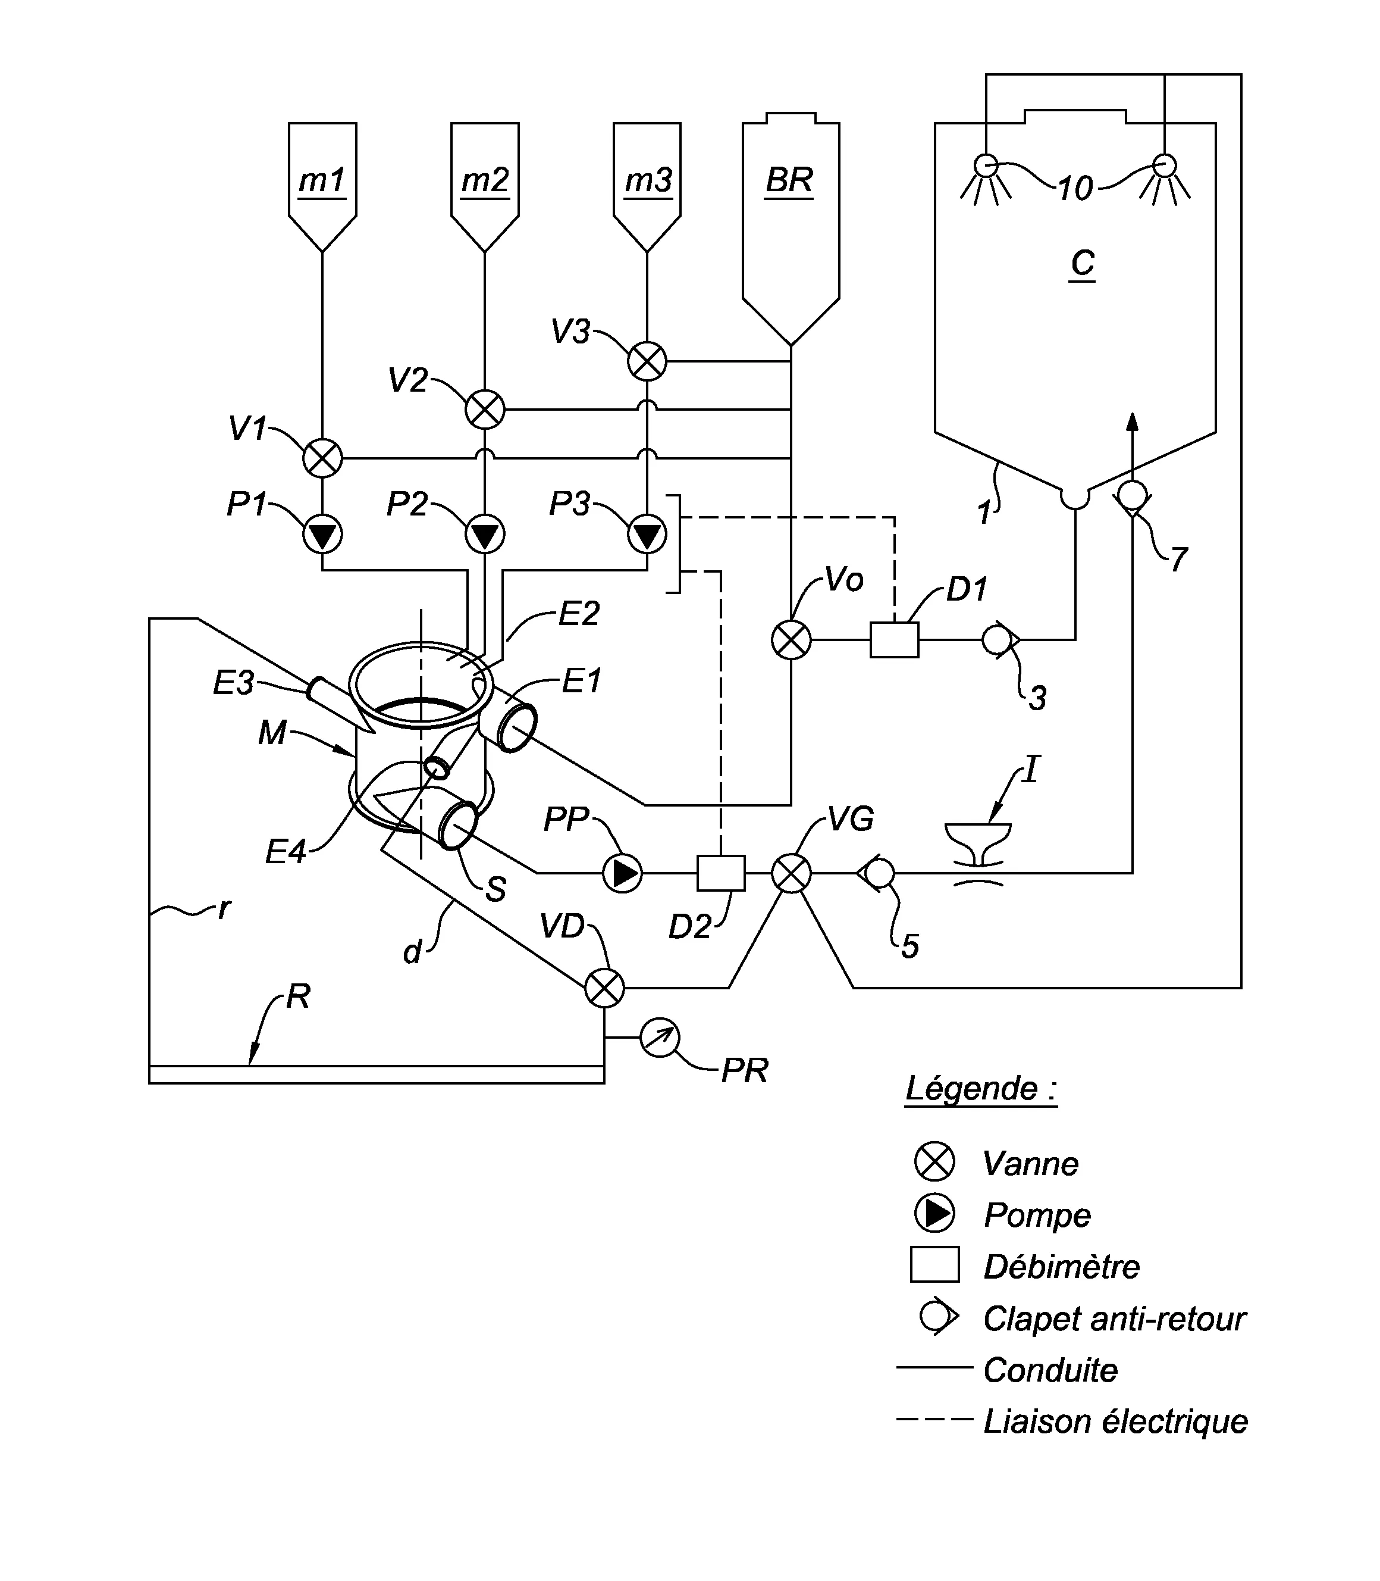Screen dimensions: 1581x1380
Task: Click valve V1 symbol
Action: [x=322, y=458]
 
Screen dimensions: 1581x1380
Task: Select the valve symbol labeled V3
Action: [x=647, y=361]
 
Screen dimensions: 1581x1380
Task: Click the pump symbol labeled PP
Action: [x=622, y=873]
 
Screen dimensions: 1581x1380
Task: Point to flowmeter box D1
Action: [x=894, y=639]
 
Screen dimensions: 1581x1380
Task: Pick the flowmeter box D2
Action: [x=721, y=873]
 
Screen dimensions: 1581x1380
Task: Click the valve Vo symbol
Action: [x=791, y=639]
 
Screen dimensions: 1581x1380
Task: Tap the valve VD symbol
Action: [x=604, y=988]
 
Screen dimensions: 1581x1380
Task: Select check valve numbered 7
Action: [x=1132, y=495]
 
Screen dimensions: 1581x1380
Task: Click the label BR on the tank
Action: [x=789, y=180]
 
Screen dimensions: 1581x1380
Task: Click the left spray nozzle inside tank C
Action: [x=986, y=165]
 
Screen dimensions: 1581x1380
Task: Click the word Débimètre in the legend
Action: [x=1061, y=1267]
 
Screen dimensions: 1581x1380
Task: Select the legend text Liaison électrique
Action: [x=1115, y=1421]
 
